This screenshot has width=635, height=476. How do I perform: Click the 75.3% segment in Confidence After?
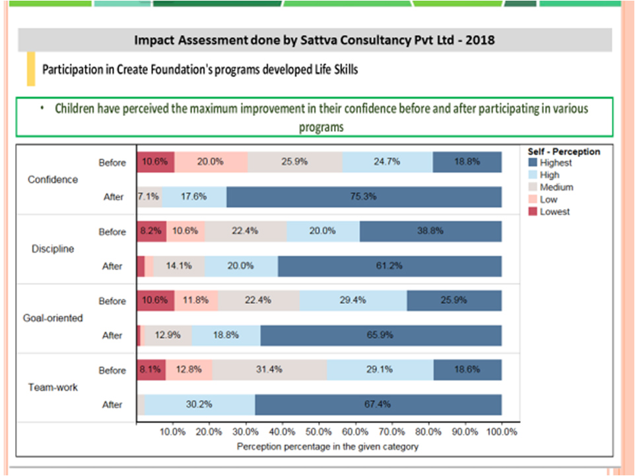(x=364, y=196)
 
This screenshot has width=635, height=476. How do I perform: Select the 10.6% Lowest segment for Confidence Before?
(x=155, y=162)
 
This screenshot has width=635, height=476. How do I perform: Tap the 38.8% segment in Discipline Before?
(x=430, y=231)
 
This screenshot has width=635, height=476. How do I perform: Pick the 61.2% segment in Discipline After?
(x=389, y=266)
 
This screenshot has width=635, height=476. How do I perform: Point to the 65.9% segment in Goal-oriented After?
(x=380, y=335)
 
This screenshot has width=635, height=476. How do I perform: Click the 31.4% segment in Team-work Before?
(x=269, y=370)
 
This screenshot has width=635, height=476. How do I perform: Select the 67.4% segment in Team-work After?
(x=378, y=404)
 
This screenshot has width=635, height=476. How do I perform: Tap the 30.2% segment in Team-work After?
(x=199, y=404)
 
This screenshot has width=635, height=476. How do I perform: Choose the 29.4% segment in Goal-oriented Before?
(x=353, y=301)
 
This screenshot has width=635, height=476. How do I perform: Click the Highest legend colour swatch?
(x=532, y=163)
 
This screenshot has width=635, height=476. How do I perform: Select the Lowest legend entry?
(x=554, y=212)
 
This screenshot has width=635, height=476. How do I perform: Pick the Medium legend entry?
(x=556, y=187)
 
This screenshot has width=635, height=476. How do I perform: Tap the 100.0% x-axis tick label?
(x=501, y=432)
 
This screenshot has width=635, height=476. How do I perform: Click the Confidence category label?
(x=53, y=179)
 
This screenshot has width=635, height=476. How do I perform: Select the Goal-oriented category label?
(x=53, y=318)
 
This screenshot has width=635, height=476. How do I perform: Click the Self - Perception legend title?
(x=564, y=152)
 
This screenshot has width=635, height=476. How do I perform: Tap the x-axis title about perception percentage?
(x=327, y=446)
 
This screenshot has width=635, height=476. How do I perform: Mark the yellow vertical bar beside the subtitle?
(x=30, y=69)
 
